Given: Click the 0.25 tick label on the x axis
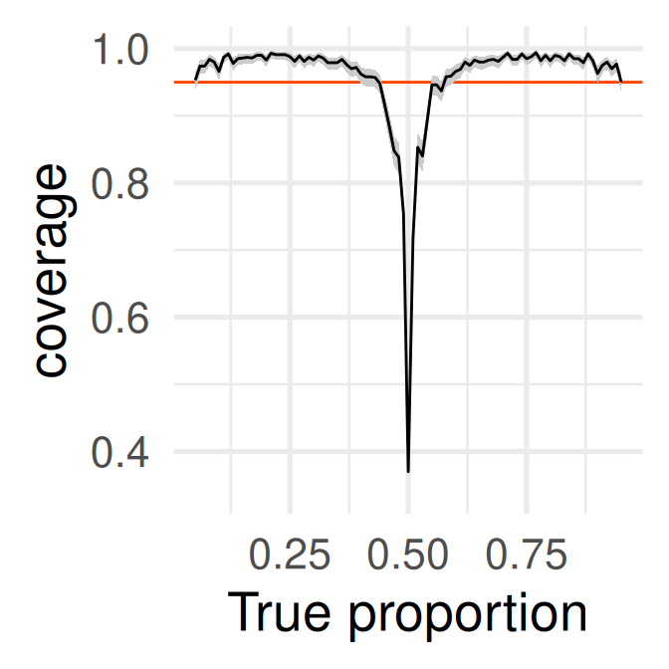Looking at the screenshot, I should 290,556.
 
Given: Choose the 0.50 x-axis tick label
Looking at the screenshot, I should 408,556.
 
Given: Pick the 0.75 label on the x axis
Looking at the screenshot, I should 527,556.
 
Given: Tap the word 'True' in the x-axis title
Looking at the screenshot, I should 279,613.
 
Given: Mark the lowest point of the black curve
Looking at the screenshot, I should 408,471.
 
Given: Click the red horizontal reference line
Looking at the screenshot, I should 299,82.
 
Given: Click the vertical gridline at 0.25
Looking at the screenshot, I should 290,299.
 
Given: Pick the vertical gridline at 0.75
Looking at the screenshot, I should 527,299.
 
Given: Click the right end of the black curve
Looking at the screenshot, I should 621,82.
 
